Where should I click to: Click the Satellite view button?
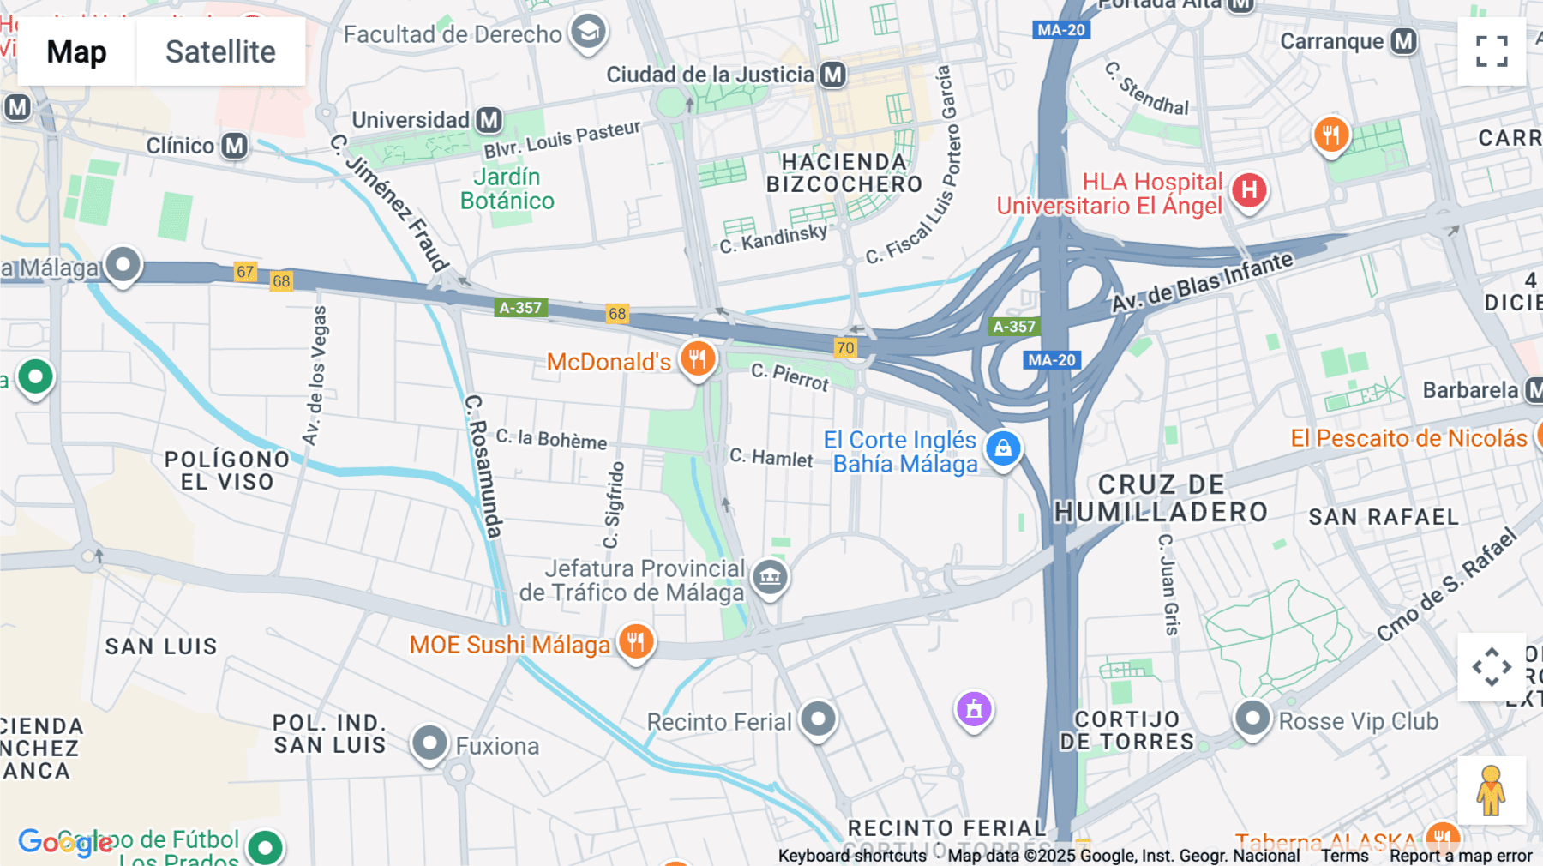point(220,51)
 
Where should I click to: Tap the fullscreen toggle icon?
point(1492,51)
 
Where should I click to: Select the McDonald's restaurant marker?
point(698,359)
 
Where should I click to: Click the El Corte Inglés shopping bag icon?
point(1003,448)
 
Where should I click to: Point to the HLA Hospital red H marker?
point(1249,190)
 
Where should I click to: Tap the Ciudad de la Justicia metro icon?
point(832,75)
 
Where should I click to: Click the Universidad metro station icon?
point(489,120)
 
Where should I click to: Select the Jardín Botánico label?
point(507,189)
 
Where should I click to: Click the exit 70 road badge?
point(845,347)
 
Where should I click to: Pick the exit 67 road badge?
point(245,272)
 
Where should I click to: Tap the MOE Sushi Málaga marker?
point(635,641)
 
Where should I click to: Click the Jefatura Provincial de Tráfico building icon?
point(770,577)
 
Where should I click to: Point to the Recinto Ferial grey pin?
point(818,719)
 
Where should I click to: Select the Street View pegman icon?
point(1491,790)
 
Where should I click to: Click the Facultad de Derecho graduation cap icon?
point(588,33)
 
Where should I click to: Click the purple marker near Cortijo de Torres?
point(974,709)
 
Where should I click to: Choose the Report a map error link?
point(1461,856)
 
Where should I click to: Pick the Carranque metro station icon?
point(1403,41)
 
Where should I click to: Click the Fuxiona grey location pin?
point(429,743)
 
